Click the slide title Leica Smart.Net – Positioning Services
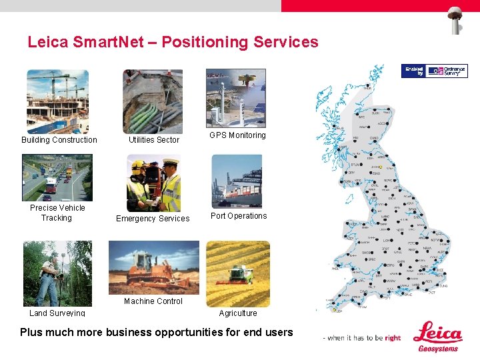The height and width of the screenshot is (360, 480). (173, 42)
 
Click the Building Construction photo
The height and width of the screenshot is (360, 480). (57, 101)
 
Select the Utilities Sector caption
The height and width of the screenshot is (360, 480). (154, 139)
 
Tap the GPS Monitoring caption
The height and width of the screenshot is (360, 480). (237, 135)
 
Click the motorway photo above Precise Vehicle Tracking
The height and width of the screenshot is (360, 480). (57, 177)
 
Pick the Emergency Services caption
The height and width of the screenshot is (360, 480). (153, 219)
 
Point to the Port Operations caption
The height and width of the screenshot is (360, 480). (239, 216)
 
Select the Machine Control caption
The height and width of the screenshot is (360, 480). (153, 301)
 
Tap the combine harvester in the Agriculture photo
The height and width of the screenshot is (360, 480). (241, 274)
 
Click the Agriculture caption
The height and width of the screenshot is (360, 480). (238, 313)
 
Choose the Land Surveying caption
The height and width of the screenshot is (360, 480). (57, 313)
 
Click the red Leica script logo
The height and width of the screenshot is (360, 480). (437, 333)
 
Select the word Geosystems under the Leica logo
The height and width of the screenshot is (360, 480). (438, 349)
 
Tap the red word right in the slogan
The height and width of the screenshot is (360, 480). (393, 338)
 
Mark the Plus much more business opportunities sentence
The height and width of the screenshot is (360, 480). (157, 332)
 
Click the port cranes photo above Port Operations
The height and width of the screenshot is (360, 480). (237, 181)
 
